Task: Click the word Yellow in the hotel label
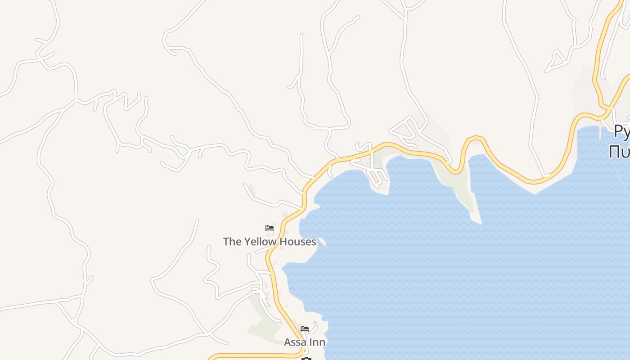[x=260, y=242]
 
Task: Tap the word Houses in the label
[x=297, y=242]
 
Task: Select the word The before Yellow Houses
[x=232, y=242]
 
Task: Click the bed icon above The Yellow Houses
[x=270, y=228]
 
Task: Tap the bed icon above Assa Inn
[x=305, y=329]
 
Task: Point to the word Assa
[x=295, y=342]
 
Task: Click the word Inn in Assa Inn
[x=317, y=342]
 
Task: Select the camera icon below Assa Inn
[x=306, y=359]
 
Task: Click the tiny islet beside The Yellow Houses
[x=322, y=241]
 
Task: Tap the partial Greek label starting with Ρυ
[x=621, y=131]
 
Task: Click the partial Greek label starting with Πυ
[x=619, y=152]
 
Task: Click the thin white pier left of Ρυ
[x=600, y=132]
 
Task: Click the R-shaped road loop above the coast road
[x=407, y=128]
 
